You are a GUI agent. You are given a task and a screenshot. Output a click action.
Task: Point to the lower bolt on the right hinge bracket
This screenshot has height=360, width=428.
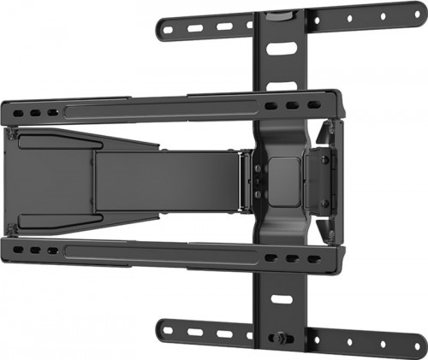325,203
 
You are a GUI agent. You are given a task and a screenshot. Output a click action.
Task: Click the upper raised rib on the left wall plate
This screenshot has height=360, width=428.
51,137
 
